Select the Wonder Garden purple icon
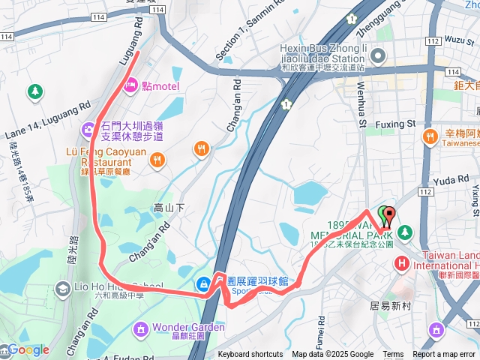point(140,328)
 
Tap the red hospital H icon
point(401,263)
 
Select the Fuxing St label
point(395,123)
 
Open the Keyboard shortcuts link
point(250,355)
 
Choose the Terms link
point(393,355)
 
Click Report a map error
point(445,355)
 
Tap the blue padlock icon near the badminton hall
point(203,283)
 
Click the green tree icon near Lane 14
point(34,91)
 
